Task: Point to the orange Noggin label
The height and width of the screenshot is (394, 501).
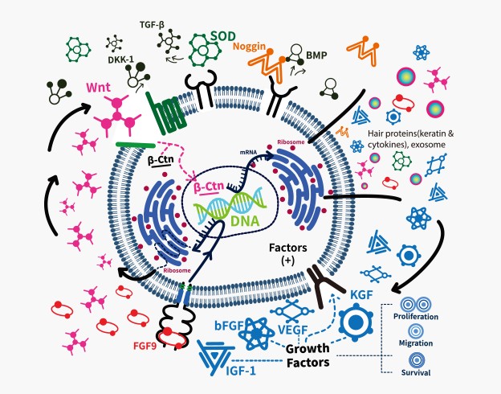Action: [254, 46]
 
